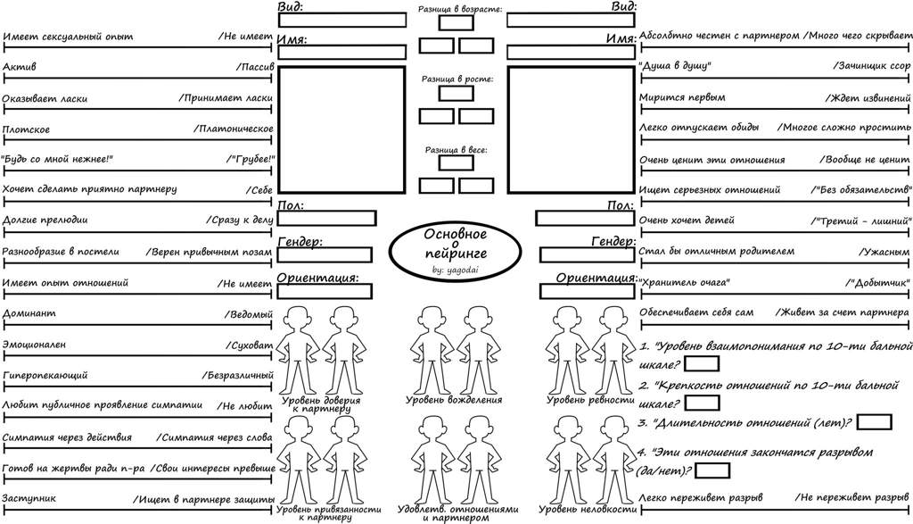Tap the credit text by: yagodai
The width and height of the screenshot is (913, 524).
456,270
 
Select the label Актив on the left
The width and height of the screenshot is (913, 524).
20,66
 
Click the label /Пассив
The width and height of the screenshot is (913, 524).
254,66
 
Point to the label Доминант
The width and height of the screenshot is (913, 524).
29,313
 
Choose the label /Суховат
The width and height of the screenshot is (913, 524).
250,345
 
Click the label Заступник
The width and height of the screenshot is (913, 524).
29,498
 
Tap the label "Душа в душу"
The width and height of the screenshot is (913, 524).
676,66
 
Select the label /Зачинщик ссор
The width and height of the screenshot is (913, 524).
871,66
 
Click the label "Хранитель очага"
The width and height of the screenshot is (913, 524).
684,283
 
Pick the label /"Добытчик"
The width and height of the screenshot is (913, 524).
877,283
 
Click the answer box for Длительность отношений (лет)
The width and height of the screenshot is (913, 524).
875,422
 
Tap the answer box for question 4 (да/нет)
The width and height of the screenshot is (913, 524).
712,470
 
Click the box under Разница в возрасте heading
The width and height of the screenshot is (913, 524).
456,22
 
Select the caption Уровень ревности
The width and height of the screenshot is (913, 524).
590,401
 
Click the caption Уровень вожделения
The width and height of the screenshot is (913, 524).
454,401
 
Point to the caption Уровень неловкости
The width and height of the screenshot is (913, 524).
588,510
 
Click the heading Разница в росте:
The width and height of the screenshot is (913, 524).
457,79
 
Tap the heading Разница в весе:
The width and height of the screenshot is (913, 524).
456,150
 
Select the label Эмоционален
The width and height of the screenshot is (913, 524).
34,345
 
